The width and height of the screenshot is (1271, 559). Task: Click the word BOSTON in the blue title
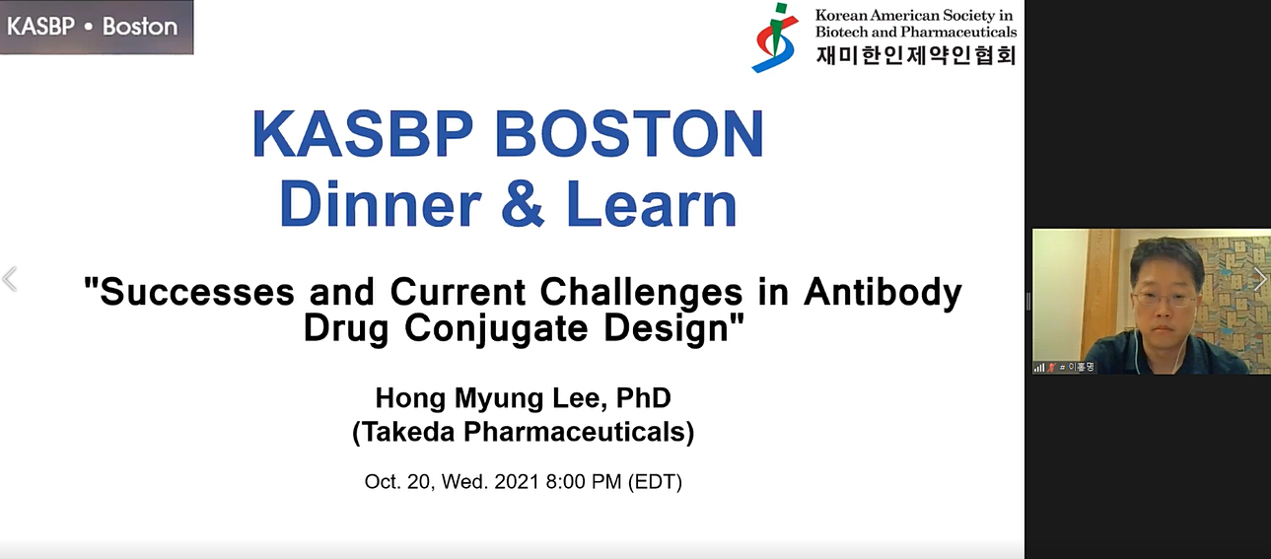pos(629,133)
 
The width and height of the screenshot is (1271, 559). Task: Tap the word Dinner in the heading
pos(381,204)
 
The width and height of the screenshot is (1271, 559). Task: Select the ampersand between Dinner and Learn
pos(523,204)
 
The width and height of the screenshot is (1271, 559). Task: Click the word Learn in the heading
pos(652,204)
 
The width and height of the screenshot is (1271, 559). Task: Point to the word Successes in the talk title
pos(197,292)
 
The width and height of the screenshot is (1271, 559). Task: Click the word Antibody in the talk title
pos(883,293)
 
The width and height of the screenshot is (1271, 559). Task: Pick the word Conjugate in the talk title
pos(496,329)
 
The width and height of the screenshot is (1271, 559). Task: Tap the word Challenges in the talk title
pos(641,293)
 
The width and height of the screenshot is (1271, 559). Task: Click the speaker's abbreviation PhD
pos(644,398)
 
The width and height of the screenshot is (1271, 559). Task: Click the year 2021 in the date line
pos(517,482)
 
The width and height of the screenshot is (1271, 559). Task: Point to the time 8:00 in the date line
pos(566,482)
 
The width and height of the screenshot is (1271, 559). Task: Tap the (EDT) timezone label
pos(655,482)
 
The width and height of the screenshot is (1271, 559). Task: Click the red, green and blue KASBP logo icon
pos(775,37)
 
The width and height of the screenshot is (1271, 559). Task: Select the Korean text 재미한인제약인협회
pos(916,55)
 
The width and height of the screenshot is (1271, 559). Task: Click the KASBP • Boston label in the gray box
pos(92,27)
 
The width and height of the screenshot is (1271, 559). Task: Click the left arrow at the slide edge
pos(10,279)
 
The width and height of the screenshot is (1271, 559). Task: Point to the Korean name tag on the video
pos(1081,367)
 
